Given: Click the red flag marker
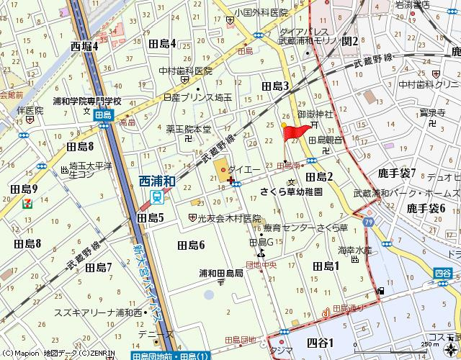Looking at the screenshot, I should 297,131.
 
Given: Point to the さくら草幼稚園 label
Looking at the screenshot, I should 292,192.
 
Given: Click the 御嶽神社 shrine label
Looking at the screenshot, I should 315,114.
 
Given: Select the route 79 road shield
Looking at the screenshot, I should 368,223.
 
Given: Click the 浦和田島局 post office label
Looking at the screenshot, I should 220,273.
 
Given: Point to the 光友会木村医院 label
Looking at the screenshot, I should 229,217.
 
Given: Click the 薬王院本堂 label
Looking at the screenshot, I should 189,130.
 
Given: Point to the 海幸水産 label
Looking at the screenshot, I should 354,251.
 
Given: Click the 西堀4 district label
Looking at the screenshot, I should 84,45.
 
